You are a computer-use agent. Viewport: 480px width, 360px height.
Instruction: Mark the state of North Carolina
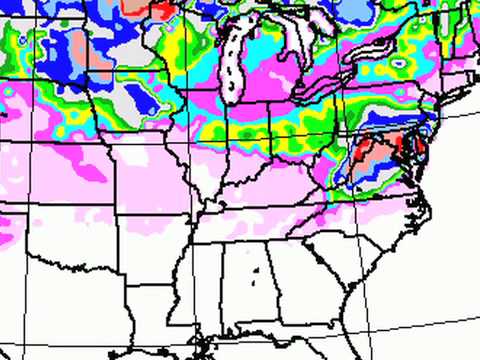pos(370,215)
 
